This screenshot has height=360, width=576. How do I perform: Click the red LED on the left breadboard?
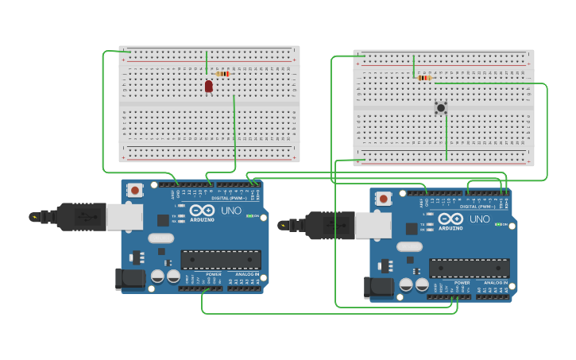[x=208, y=86]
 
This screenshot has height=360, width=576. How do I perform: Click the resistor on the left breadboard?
[x=222, y=74]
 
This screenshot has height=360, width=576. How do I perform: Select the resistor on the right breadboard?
[x=423, y=78]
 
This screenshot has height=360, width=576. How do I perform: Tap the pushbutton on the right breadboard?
[x=441, y=107]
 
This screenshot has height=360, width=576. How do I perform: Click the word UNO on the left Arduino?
[x=231, y=210]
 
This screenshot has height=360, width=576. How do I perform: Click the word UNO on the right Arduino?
[x=480, y=219]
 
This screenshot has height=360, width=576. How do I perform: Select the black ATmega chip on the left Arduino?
[x=221, y=259]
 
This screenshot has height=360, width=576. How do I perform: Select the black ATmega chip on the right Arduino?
[x=470, y=268]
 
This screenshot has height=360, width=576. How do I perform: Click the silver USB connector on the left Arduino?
[x=125, y=217]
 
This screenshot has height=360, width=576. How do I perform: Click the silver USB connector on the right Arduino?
[x=373, y=226]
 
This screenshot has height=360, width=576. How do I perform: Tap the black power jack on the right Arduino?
[x=377, y=287]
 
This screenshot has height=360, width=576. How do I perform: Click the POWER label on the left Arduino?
[x=192, y=273]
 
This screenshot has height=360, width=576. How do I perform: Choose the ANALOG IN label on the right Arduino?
[x=496, y=282]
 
